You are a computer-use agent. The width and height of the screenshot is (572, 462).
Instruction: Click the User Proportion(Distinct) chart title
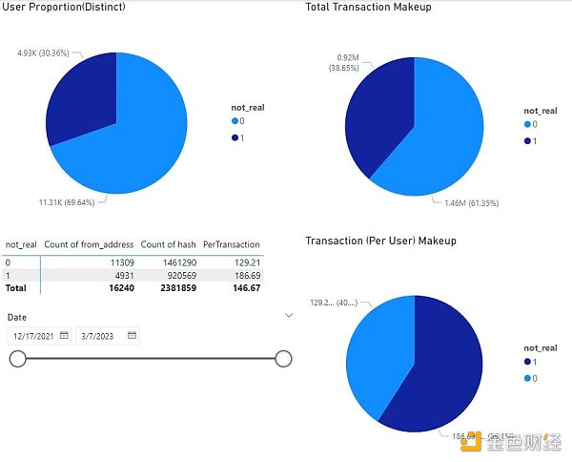point(63,8)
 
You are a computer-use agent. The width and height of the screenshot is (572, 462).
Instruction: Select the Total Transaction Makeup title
point(368,8)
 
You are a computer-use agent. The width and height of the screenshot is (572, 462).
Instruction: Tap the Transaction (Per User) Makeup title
point(380,241)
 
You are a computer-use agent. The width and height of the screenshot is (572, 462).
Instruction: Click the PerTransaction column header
point(231,244)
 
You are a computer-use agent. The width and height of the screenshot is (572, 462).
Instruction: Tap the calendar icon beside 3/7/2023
point(133,335)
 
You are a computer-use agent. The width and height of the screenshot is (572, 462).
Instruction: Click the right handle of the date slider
point(282,358)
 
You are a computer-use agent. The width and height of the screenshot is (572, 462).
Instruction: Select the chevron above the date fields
point(289,314)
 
